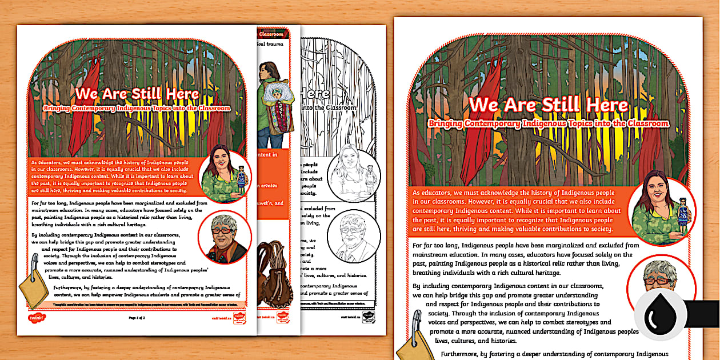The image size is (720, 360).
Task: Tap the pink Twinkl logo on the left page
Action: (x=36, y=317)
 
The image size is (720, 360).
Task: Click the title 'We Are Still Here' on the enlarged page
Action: (x=548, y=105)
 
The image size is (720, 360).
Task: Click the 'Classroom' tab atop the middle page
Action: (x=277, y=34)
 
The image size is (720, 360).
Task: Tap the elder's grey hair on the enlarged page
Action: (x=657, y=270)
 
